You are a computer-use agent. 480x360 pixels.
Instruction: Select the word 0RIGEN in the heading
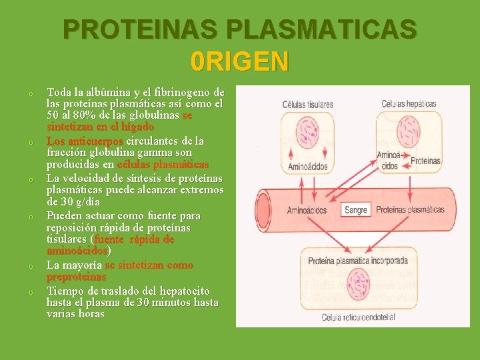click(239, 61)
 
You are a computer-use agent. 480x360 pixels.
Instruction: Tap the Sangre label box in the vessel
click(356, 210)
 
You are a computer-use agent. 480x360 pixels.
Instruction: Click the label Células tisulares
click(307, 105)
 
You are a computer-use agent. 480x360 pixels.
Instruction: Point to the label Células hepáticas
click(409, 104)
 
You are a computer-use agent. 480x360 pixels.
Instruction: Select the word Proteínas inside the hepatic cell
click(425, 160)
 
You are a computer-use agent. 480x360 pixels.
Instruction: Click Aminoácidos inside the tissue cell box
click(307, 166)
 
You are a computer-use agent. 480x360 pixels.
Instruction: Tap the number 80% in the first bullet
click(79, 115)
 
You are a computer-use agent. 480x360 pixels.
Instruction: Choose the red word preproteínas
click(76, 276)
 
